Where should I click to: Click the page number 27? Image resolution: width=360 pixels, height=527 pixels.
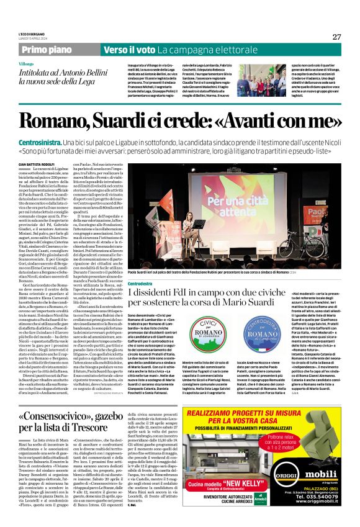(336, 37)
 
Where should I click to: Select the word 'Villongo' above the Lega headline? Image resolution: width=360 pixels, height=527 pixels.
(44, 64)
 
